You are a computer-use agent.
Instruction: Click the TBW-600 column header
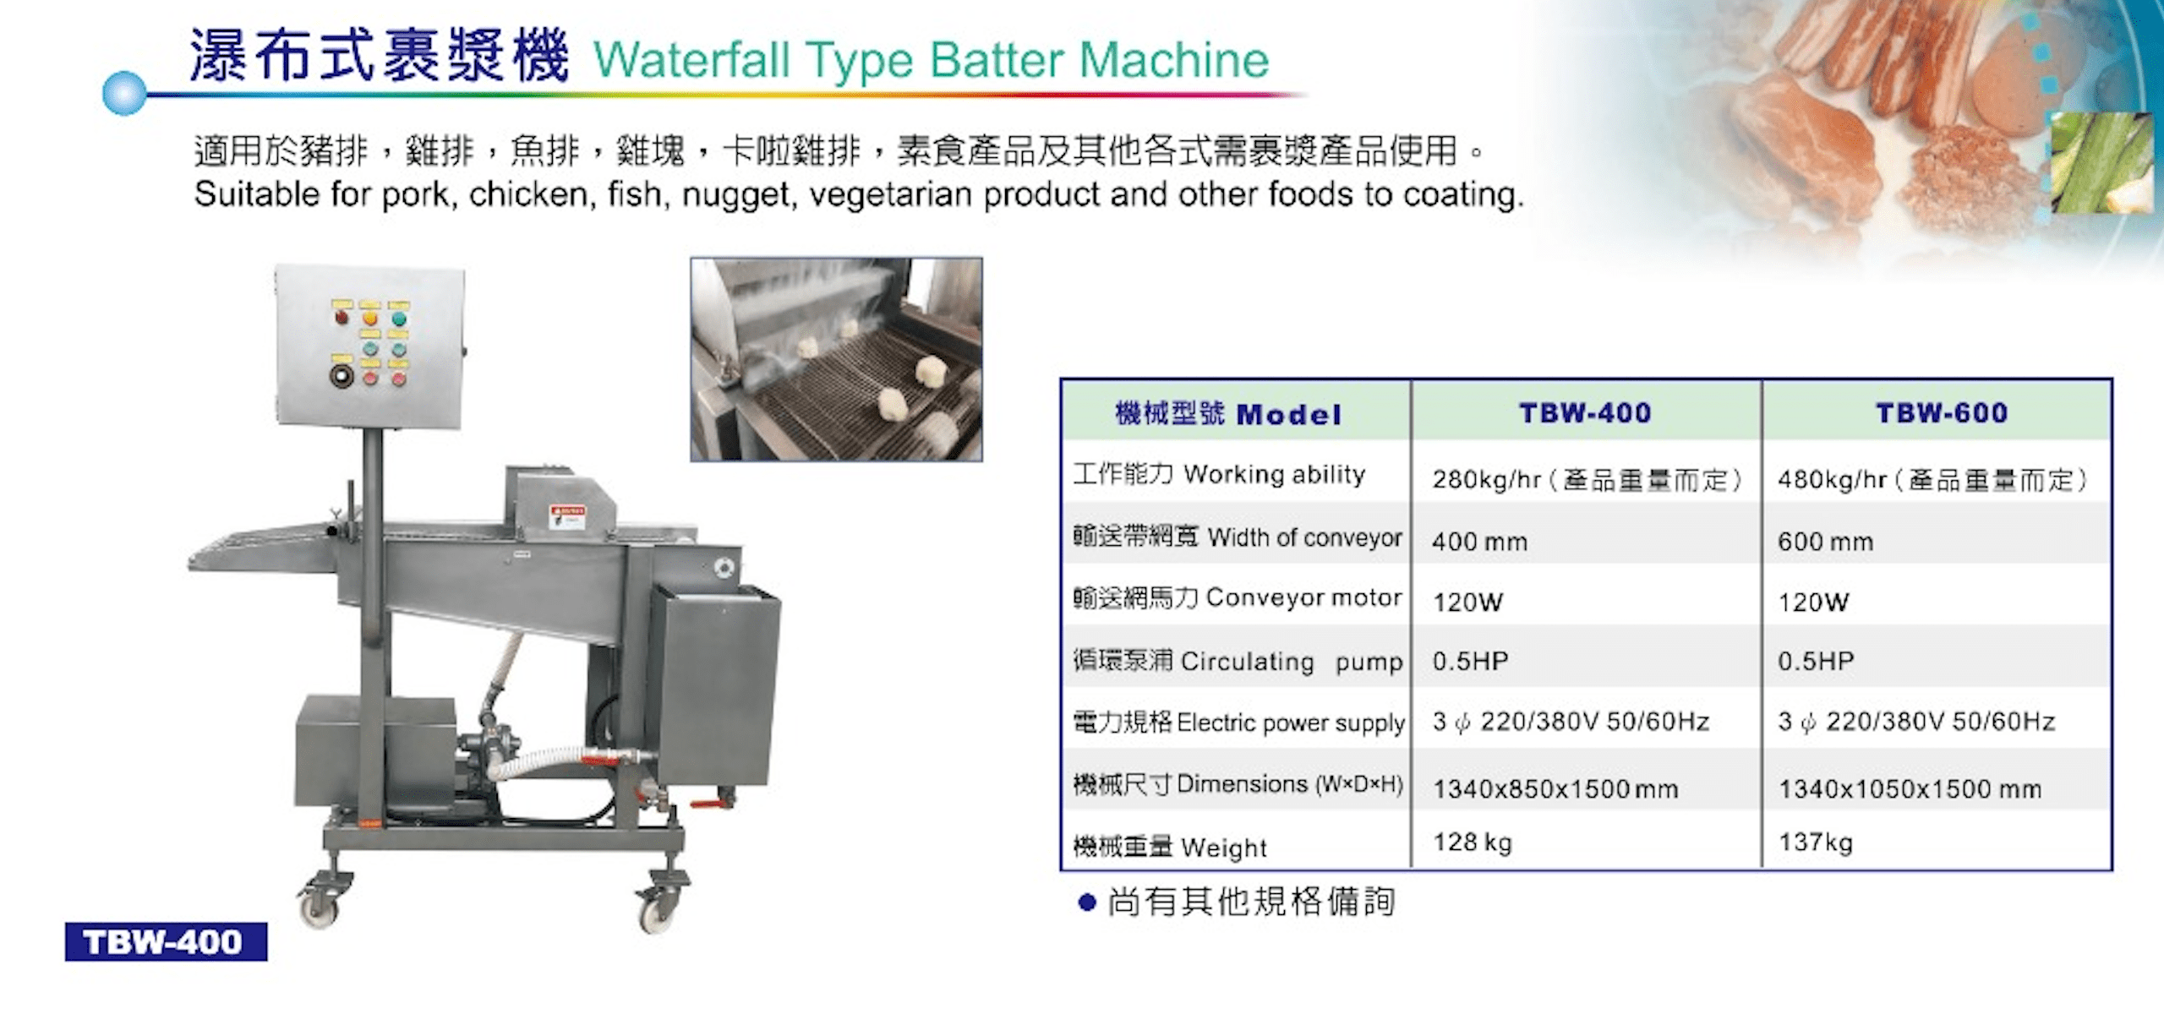1942,413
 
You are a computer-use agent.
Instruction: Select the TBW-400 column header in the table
1585,413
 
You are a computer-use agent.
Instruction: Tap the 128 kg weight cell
1473,842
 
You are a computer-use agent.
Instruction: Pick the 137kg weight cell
1816,842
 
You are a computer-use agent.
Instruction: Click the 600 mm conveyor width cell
1826,542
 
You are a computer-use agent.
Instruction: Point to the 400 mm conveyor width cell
1480,542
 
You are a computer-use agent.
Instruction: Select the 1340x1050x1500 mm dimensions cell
1910,789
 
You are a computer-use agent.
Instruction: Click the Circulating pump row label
1238,661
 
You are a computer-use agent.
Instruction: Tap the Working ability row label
1219,474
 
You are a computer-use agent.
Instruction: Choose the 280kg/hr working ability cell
1587,480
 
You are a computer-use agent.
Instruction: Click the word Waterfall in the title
693,60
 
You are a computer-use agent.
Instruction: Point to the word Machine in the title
1174,60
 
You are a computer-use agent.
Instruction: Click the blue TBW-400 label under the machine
166,942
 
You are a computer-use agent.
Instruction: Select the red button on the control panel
342,318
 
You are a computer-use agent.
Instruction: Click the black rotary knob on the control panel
341,375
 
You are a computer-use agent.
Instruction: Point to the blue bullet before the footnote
1087,903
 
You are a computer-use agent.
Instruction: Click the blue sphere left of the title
124,93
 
